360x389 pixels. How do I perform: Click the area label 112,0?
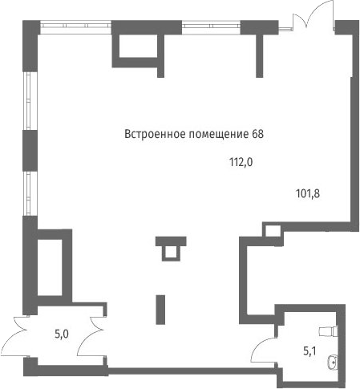click(x=241, y=162)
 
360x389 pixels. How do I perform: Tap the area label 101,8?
click(x=308, y=193)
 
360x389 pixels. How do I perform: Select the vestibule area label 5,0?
click(x=62, y=334)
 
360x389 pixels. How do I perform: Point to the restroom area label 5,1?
click(x=309, y=351)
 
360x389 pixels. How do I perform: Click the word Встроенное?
click(x=155, y=134)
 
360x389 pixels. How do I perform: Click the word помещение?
click(x=219, y=135)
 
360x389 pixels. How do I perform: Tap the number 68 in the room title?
click(x=257, y=134)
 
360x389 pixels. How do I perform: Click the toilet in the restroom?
click(x=329, y=331)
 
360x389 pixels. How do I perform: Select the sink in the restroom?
click(x=332, y=363)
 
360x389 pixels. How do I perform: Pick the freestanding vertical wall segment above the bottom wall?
click(x=160, y=310)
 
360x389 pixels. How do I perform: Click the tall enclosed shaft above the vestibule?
click(x=50, y=267)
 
